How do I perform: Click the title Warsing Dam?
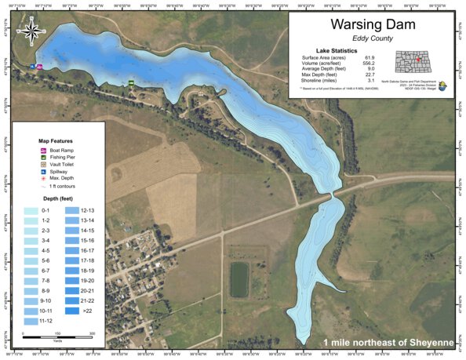(373, 25)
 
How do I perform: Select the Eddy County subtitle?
(373, 38)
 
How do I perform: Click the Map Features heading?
(56, 140)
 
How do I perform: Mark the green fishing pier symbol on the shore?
(132, 82)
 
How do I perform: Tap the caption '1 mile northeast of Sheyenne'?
(387, 343)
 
